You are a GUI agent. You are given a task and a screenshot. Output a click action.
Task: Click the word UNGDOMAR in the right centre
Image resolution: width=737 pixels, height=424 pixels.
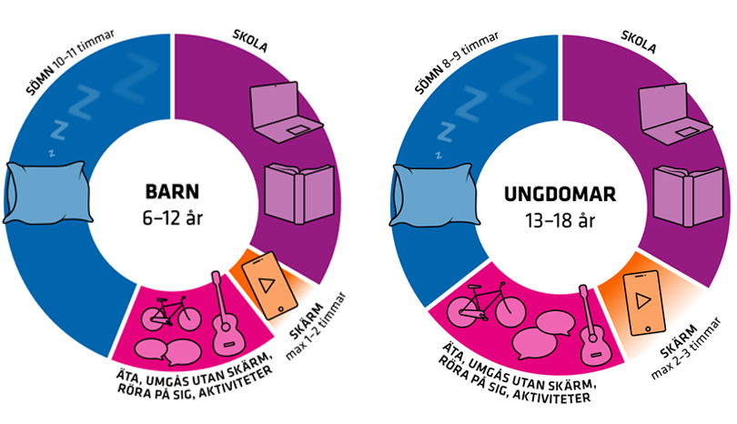coord(560,195)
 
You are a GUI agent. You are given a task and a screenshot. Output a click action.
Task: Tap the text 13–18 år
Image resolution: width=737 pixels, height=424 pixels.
coord(560,219)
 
